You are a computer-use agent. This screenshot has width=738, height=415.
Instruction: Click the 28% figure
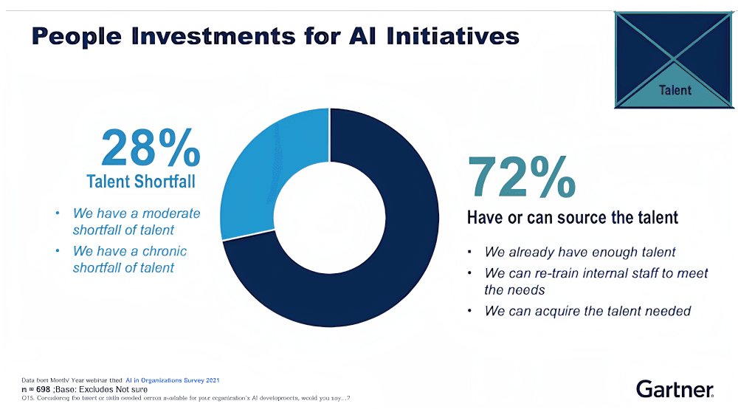pos(151,148)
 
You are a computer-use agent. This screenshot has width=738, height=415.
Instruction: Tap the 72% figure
pos(521,177)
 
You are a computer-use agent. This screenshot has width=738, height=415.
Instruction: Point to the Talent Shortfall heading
pos(141,182)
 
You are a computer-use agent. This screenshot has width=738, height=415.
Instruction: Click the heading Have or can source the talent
pos(572,218)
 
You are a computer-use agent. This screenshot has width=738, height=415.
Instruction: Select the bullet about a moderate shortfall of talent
pos(136,222)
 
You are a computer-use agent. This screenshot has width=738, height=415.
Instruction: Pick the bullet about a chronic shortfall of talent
pos(129,259)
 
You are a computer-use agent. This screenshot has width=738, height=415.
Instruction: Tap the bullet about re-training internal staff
pos(596,281)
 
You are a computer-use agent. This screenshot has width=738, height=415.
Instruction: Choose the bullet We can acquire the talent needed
pos(587,311)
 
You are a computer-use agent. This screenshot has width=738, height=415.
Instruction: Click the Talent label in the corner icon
pos(675,90)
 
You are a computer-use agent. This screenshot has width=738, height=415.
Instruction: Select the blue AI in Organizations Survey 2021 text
pos(172,380)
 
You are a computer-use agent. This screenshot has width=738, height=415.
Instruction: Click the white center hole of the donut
pos(330,217)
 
